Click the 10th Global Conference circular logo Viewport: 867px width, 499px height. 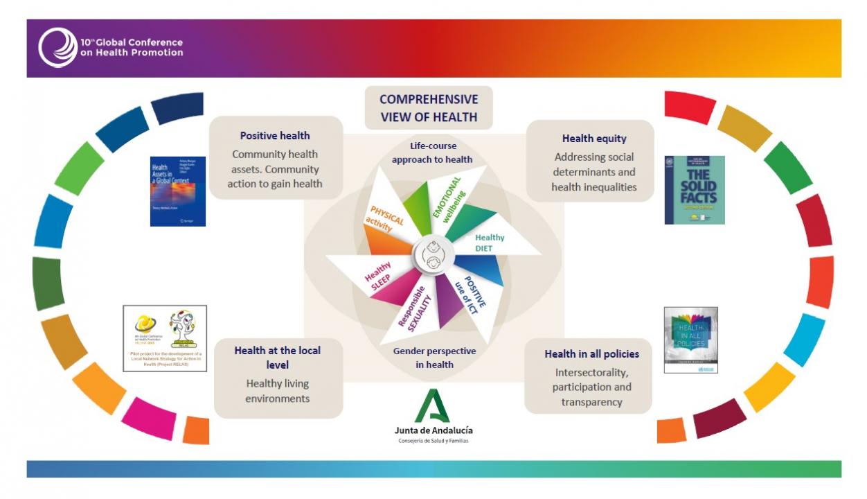[x=57, y=47]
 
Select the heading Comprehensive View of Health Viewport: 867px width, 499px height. [x=429, y=108]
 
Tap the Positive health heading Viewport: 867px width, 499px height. [x=275, y=136]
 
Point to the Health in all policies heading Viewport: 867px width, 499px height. [x=591, y=354]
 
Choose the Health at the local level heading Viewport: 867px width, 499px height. [x=277, y=357]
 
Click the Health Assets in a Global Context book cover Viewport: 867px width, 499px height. [x=178, y=191]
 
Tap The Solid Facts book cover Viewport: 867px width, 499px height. [x=695, y=190]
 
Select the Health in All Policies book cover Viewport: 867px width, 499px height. [x=690, y=340]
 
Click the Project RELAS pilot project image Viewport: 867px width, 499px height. [x=165, y=338]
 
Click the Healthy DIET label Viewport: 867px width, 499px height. [x=490, y=243]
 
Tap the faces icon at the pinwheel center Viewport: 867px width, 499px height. [x=433, y=254]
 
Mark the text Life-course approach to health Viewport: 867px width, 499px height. [x=432, y=152]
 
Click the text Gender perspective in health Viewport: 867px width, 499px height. [x=434, y=358]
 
